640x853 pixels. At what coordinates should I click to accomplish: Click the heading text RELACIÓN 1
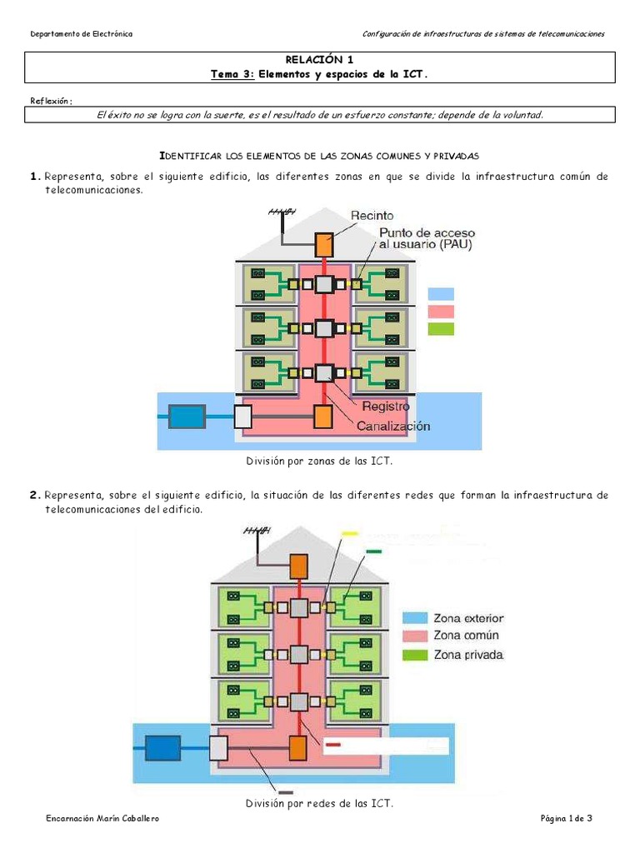point(320,59)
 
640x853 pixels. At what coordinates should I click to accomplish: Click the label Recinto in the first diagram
point(372,216)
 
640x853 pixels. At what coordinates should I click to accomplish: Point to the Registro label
point(386,407)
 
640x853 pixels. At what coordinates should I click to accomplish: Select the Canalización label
point(393,426)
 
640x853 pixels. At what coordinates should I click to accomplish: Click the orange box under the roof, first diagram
point(323,244)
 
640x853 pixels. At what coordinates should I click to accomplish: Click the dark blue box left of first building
point(187,416)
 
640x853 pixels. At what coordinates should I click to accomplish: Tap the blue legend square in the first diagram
point(441,294)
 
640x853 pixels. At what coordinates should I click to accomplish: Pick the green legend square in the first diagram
point(441,329)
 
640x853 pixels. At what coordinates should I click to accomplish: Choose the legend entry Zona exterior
point(467,618)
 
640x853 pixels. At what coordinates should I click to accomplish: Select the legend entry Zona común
point(465,636)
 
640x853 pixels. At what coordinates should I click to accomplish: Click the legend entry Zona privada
point(467,655)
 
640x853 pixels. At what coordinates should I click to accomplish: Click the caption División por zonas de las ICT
point(318,461)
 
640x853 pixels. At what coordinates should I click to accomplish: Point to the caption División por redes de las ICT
point(319,804)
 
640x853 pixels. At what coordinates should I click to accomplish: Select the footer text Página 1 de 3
point(566,820)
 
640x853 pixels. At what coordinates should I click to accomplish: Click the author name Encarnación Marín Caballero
point(102,820)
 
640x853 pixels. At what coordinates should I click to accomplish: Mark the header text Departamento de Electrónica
point(81,33)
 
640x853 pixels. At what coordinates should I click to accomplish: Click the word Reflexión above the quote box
point(51,101)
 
